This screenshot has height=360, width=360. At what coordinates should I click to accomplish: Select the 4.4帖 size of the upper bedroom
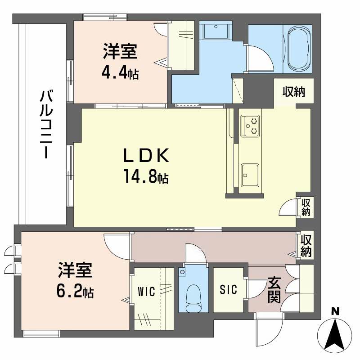point(119,73)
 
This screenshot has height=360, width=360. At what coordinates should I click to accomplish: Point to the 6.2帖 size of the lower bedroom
point(75,292)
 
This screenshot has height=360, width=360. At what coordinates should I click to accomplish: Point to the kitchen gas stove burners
point(250,126)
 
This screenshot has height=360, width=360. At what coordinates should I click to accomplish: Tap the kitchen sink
point(250,174)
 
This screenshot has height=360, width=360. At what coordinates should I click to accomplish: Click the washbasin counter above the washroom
point(216,31)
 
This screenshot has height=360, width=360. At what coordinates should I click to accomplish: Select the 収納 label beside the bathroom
point(293,92)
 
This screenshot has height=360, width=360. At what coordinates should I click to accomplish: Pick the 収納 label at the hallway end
point(306,245)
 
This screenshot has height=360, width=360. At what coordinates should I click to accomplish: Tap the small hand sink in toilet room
point(182,272)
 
